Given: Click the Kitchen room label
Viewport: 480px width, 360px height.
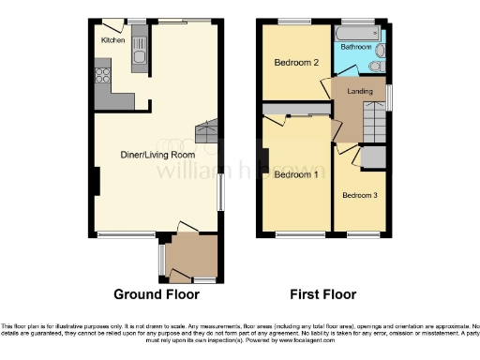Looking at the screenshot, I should click(113, 40).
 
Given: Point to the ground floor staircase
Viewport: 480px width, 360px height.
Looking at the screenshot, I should click(205, 132).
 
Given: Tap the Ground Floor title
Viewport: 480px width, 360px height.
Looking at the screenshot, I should click(157, 294).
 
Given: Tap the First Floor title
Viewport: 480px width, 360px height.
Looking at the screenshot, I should click(322, 294).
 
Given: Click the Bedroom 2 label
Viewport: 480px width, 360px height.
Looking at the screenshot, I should click(292, 63).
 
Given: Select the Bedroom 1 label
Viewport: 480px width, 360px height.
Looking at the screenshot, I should click(295, 174).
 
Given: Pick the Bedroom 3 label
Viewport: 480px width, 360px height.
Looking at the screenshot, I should click(359, 195).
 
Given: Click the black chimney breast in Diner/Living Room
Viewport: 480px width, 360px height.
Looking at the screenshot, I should click(96, 181).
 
